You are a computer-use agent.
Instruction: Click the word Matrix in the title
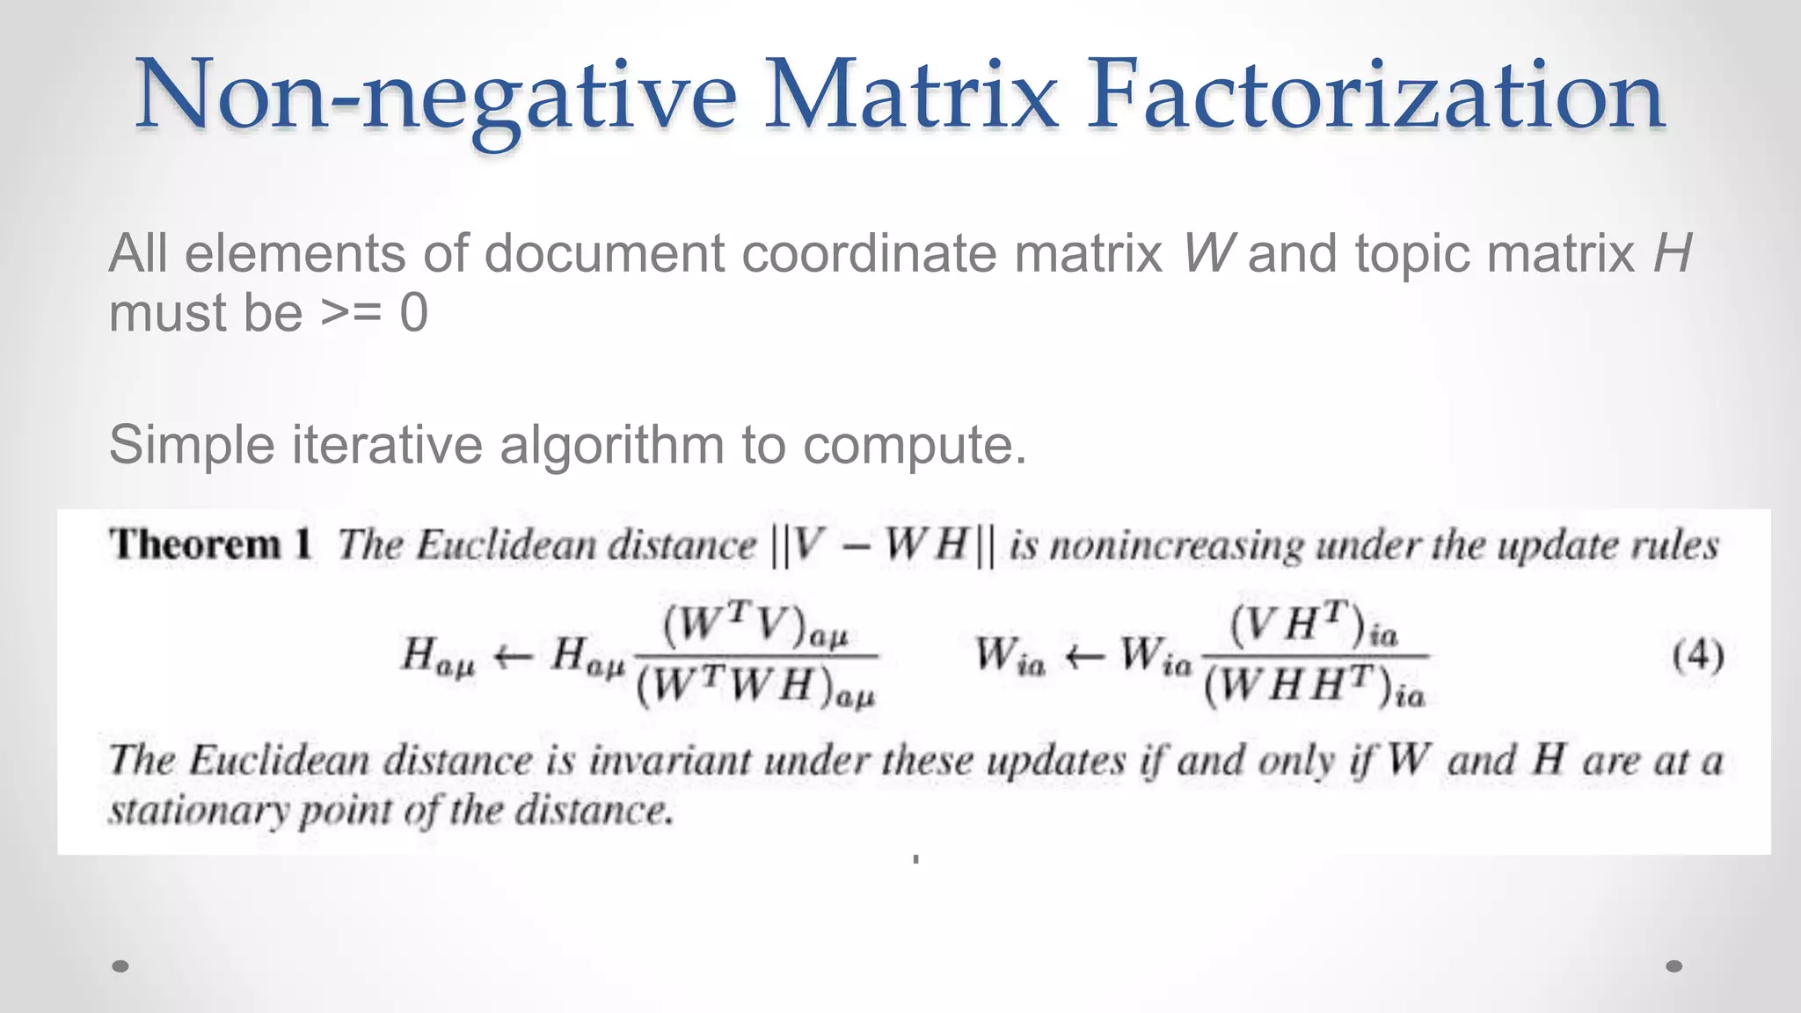point(911,95)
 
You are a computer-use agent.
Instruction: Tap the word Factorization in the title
point(1375,95)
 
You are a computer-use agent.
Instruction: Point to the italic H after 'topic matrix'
point(1672,253)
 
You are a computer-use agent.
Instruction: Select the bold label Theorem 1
point(211,544)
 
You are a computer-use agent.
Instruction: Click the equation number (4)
point(1697,656)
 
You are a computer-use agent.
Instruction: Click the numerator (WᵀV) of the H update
point(755,626)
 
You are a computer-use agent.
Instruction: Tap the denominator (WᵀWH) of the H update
point(755,687)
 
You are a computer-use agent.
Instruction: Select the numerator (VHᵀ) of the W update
point(1313,626)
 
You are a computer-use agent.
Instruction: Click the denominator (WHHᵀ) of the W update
point(1314,687)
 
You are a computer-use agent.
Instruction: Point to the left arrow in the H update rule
point(513,656)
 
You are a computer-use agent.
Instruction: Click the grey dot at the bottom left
point(120,966)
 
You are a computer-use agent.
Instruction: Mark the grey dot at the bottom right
point(1674,966)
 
